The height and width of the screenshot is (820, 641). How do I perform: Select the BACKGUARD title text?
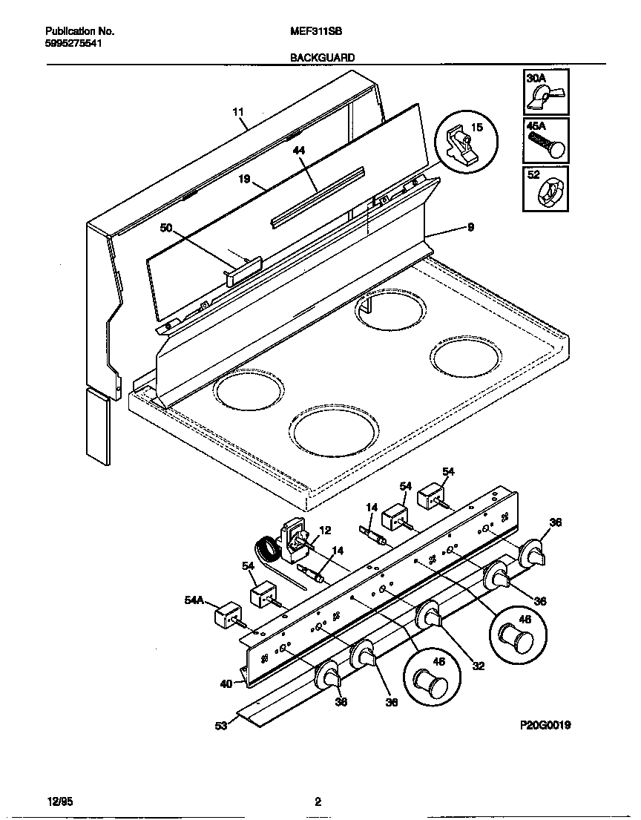click(x=323, y=57)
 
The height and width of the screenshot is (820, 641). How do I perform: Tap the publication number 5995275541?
click(x=73, y=43)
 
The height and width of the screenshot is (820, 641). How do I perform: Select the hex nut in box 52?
click(x=547, y=194)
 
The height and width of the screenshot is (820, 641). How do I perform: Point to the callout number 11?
click(x=237, y=113)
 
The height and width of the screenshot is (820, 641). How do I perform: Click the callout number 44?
click(x=298, y=150)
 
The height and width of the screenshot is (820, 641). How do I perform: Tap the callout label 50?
click(x=165, y=229)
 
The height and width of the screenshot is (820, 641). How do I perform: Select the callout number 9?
click(x=470, y=227)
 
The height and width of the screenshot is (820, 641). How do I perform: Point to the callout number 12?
click(x=324, y=530)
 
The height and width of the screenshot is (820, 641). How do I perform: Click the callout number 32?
click(x=478, y=666)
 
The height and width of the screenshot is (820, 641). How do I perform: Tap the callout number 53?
click(x=221, y=726)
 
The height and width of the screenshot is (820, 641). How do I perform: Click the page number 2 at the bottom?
click(x=318, y=801)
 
